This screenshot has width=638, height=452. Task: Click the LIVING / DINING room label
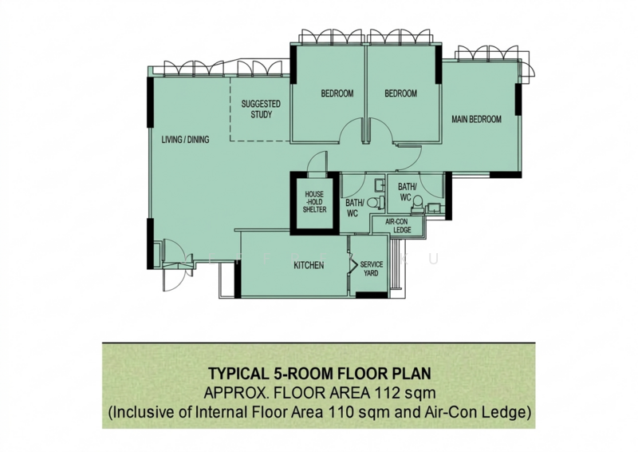(x=185, y=140)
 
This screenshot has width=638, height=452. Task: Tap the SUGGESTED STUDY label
(x=261, y=109)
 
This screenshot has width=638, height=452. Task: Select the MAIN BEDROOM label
(x=476, y=120)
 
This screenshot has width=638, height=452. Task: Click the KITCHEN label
(x=309, y=265)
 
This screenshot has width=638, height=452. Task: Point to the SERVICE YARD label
(x=371, y=269)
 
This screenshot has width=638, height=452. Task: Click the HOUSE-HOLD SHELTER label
(x=314, y=202)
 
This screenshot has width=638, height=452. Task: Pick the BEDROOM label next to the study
(x=337, y=93)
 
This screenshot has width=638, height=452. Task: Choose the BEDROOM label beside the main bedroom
(x=401, y=93)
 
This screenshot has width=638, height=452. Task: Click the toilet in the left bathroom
(x=377, y=203)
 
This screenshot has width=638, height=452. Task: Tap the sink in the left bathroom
(x=380, y=185)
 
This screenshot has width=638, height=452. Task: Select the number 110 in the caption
(x=336, y=412)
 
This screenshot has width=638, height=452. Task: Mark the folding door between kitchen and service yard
(x=350, y=265)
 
